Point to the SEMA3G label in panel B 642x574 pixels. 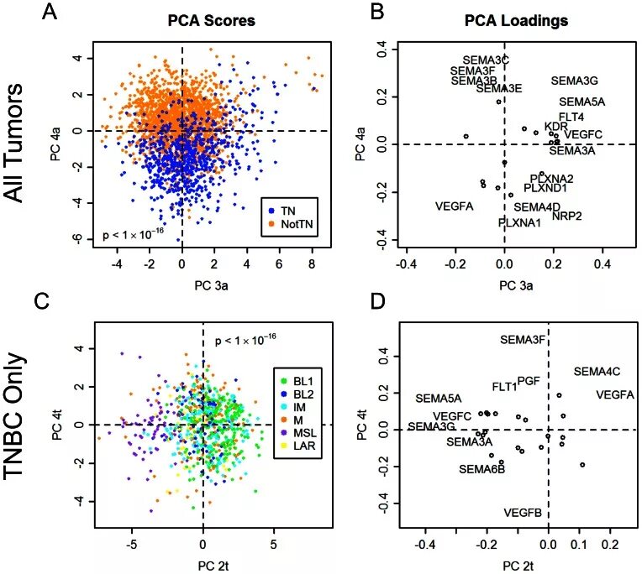[x=574, y=81]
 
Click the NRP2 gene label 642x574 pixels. [x=567, y=216]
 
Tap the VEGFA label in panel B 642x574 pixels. [x=455, y=206]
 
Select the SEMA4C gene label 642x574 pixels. [x=597, y=371]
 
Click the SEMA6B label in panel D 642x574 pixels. [x=481, y=469]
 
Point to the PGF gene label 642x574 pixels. [x=529, y=380]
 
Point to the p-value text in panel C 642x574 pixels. [x=245, y=340]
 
